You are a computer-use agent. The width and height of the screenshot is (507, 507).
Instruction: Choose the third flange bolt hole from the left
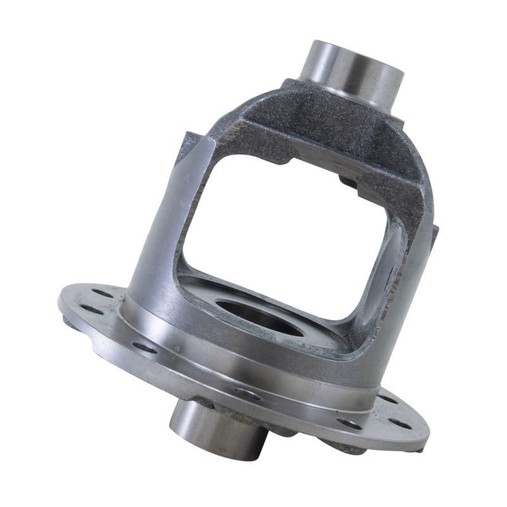[x=145, y=347]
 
